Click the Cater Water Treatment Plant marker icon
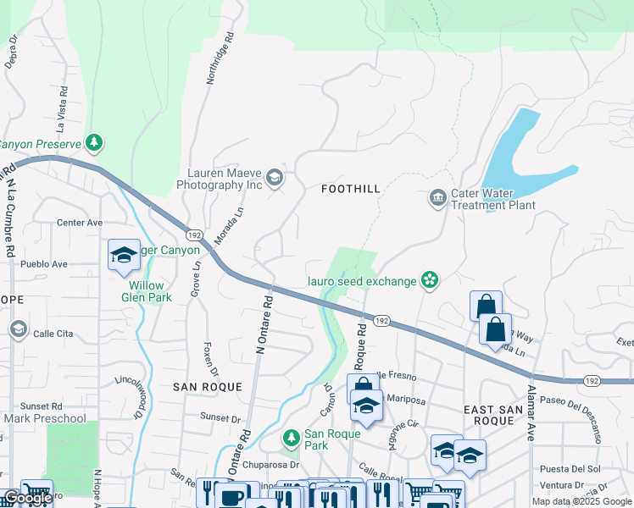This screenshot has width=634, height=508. click(x=437, y=199)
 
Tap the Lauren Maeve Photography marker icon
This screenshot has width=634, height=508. click(x=275, y=178)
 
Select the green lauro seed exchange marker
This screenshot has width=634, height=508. click(x=430, y=280)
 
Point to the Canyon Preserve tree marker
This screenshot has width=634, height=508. click(x=96, y=143)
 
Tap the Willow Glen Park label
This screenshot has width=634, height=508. click(x=145, y=291)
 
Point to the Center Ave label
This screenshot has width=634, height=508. click(x=79, y=223)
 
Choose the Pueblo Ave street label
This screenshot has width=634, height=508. click(x=43, y=264)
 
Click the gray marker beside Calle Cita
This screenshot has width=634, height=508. click(x=17, y=328)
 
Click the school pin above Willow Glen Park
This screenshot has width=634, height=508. click(x=124, y=255)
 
